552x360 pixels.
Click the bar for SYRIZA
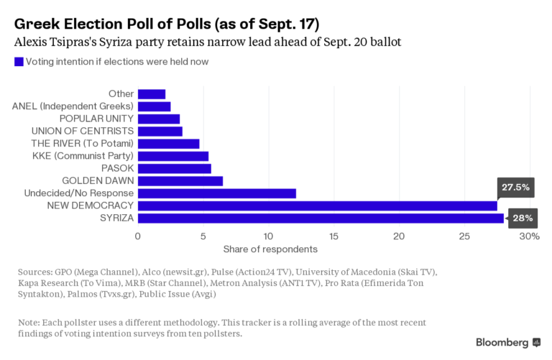321,218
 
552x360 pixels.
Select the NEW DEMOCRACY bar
317,206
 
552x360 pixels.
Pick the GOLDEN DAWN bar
180,181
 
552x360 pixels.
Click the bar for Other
152,93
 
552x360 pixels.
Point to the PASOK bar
175,168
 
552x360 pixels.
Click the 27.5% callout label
515,187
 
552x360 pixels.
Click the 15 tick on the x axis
333,236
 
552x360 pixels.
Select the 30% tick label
529,236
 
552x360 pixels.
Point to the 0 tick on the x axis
138,236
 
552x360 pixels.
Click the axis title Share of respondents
270,249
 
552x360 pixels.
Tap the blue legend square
19,62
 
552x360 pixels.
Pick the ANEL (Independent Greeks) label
73,106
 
